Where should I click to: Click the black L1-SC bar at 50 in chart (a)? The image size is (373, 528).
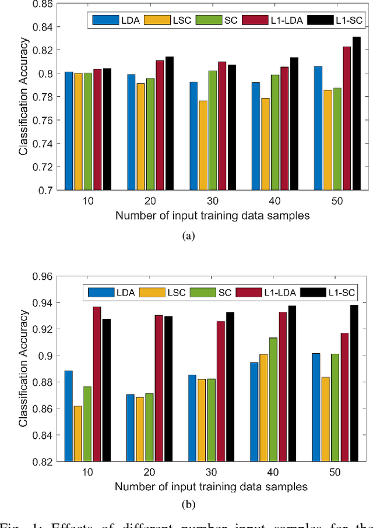point(357,113)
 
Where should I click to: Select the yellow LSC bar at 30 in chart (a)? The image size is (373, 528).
point(203,145)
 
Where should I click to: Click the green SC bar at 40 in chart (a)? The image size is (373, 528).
point(276,132)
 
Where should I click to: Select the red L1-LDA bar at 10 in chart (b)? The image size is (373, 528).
point(97,384)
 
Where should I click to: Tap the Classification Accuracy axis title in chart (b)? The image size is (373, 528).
point(23,368)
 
